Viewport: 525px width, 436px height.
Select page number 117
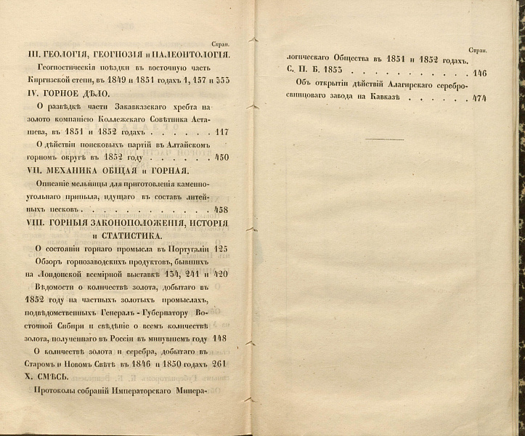click(222, 132)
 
